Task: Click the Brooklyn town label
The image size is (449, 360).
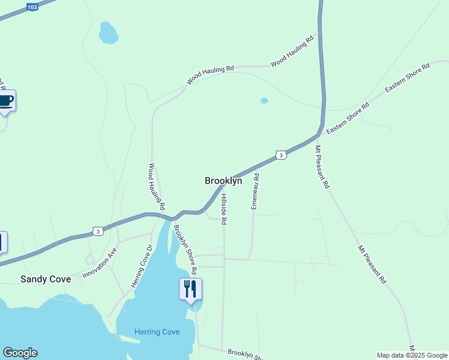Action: pos(223,181)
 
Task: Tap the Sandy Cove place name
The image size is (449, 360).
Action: pos(46,279)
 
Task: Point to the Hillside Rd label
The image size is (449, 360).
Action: pos(224,209)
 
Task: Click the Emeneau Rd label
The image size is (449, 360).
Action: pos(255,191)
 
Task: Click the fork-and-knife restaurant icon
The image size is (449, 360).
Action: pos(190,289)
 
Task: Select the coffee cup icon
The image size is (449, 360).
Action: pos(6,101)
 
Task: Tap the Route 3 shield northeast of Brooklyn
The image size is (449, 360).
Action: pos(280,155)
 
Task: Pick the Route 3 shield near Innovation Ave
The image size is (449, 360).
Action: pos(97,230)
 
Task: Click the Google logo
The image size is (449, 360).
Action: pos(20,353)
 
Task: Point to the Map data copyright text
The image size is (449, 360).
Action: pos(412,355)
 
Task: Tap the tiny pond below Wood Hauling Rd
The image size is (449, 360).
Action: pos(264,101)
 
